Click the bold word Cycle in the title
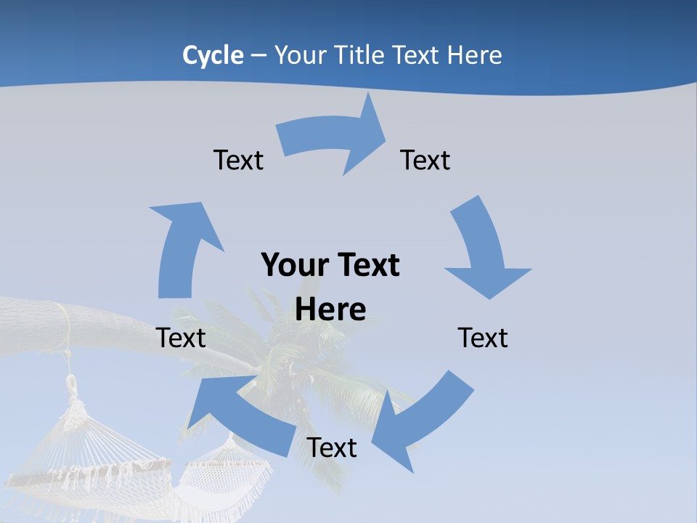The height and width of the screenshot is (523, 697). point(213,55)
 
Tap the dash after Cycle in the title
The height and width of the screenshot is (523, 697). point(258,55)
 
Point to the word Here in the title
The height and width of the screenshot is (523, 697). point(475,55)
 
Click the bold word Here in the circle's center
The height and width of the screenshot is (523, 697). point(330,309)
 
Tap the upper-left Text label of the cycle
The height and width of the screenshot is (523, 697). point(238,160)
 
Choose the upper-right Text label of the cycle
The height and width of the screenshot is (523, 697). point(425,160)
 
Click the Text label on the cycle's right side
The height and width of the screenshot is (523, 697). point(483,338)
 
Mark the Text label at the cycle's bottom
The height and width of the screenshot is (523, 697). point(332,447)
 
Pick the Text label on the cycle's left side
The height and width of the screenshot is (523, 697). point(181,338)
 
